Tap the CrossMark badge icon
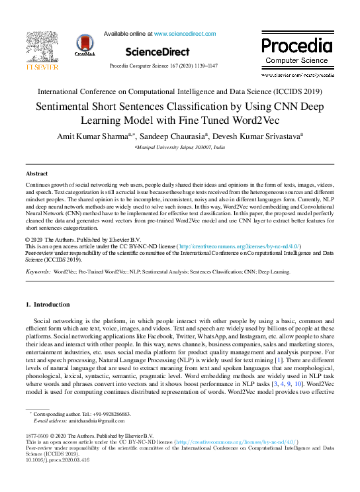85,45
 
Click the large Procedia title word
296,46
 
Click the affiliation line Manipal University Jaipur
179,148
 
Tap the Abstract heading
36,173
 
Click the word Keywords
37,271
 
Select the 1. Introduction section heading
47,305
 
